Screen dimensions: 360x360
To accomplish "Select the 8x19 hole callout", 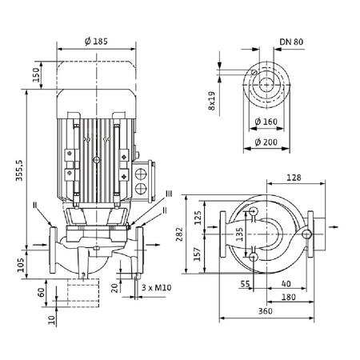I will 213,100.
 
